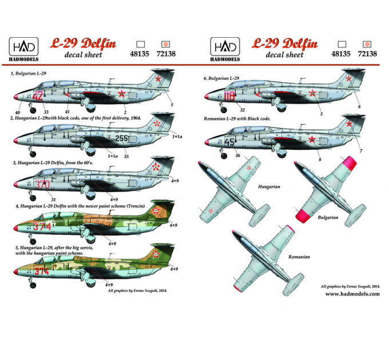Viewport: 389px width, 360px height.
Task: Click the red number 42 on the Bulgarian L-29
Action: pos(38,95)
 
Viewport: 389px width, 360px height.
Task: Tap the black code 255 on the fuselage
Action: pos(121,138)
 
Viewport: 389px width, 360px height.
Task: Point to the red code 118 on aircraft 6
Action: pos(229,96)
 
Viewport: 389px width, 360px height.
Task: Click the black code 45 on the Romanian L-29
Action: pos(229,142)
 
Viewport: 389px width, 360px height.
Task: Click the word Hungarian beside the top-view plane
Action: pos(269,186)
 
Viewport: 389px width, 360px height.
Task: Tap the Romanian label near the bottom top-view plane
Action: pos(299,257)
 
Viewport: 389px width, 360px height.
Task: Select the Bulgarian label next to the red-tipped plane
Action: pos(328,218)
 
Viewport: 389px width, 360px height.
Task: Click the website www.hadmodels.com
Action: pos(352,294)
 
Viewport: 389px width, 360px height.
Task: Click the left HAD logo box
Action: pos(23,47)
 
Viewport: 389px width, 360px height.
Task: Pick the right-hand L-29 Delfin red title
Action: pos(284,43)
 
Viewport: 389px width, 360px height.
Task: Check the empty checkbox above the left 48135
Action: pos(140,45)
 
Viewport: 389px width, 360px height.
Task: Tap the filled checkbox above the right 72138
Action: pos(367,45)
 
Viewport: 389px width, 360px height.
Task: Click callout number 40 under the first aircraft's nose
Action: pos(17,113)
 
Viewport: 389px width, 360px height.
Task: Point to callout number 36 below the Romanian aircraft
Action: pos(237,155)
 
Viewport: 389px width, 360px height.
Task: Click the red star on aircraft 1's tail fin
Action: pos(158,79)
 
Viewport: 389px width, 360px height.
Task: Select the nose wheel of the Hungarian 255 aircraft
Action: pos(33,154)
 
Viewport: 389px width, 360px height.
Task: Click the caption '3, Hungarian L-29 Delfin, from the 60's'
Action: pos(53,163)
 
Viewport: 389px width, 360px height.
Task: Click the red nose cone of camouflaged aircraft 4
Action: pos(16,228)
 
